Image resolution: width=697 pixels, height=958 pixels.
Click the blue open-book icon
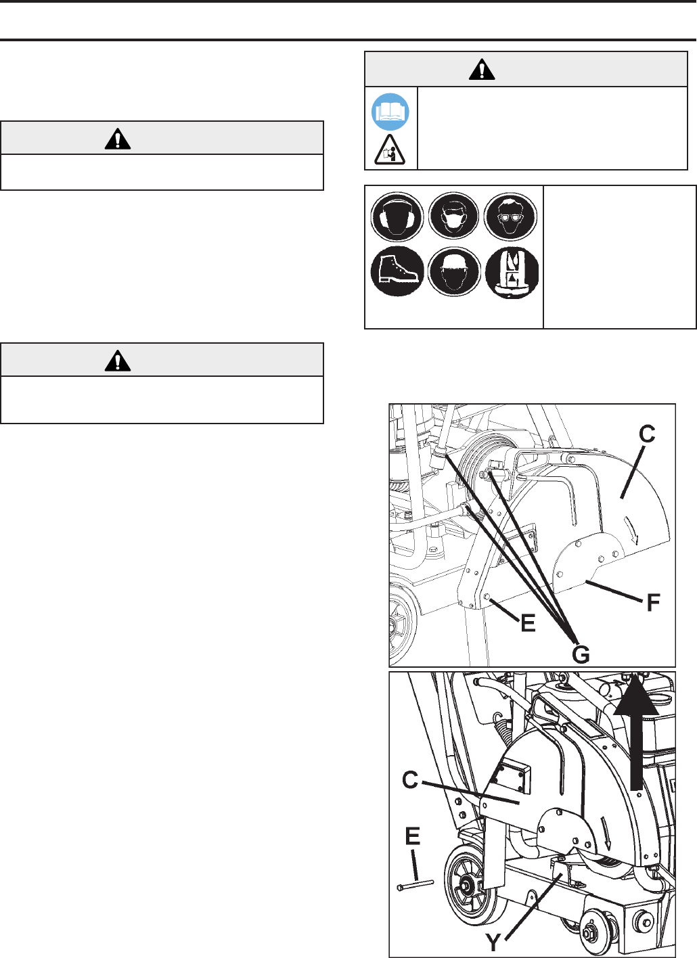[390, 112]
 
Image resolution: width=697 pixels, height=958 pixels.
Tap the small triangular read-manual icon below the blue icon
[389, 150]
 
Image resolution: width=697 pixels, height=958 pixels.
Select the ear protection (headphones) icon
[397, 216]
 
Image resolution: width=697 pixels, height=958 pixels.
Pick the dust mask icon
[453, 215]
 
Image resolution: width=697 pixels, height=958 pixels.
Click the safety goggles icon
[510, 216]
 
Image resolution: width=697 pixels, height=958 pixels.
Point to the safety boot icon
[397, 271]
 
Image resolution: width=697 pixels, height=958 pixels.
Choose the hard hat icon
[453, 271]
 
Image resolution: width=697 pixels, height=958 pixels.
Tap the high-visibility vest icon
[512, 273]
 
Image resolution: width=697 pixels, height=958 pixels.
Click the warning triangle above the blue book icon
[482, 69]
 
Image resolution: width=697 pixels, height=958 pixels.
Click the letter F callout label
[653, 603]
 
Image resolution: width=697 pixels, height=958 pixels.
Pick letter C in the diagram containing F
[647, 434]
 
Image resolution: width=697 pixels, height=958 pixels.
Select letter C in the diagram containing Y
[410, 780]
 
